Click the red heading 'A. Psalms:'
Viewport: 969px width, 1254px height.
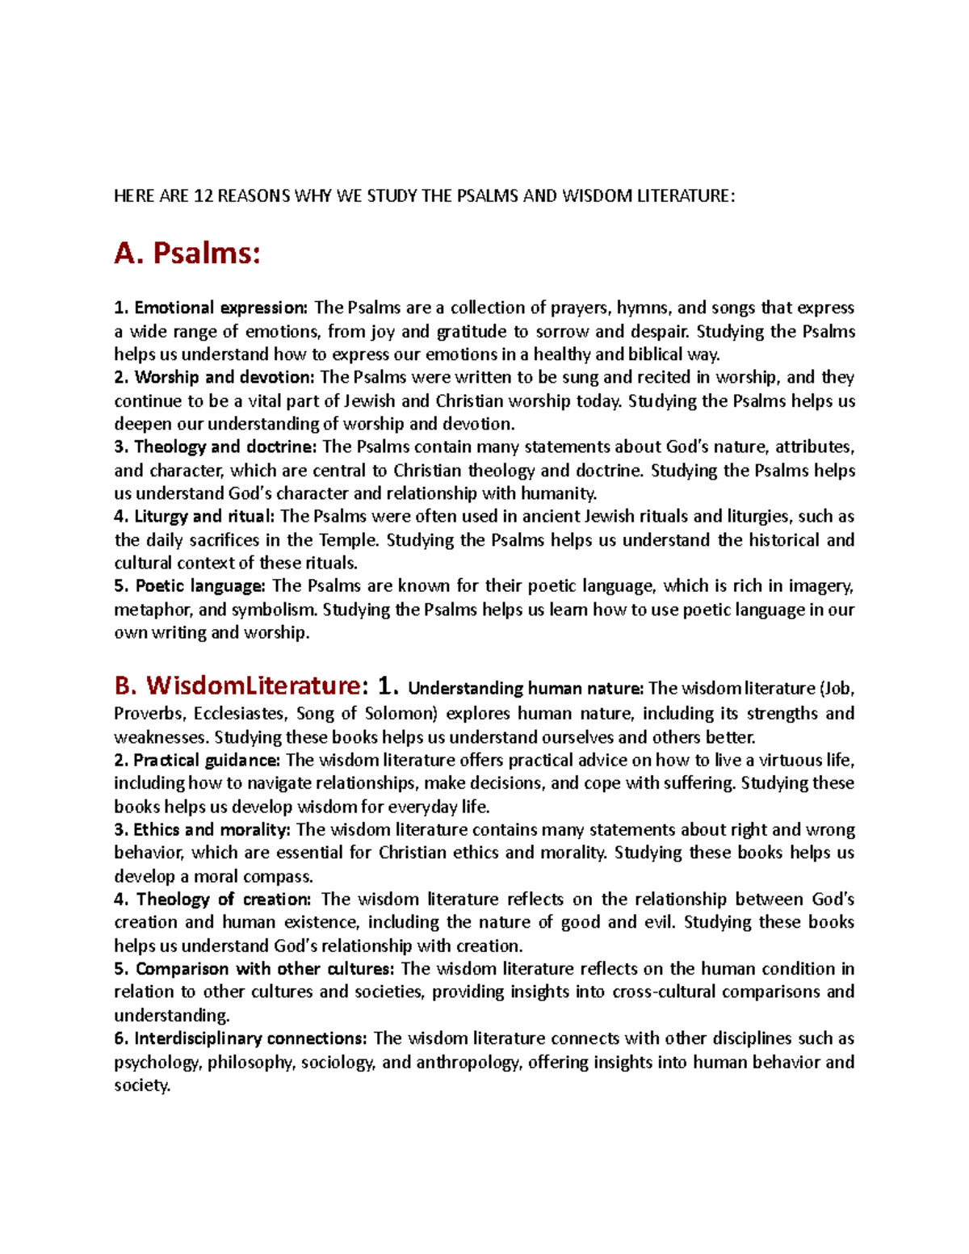point(187,254)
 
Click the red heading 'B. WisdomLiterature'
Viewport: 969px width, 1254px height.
point(237,686)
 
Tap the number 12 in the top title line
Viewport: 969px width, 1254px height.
point(203,196)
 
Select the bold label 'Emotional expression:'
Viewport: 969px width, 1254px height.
point(220,308)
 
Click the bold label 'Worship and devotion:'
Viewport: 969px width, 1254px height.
point(224,377)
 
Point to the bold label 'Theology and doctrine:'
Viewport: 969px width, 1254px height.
point(224,447)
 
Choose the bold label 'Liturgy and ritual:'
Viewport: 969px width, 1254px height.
point(204,516)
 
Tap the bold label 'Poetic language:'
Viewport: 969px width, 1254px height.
point(199,585)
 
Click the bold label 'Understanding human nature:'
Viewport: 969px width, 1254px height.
point(526,689)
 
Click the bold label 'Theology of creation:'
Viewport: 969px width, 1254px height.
point(223,899)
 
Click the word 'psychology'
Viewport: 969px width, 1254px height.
point(157,1062)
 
